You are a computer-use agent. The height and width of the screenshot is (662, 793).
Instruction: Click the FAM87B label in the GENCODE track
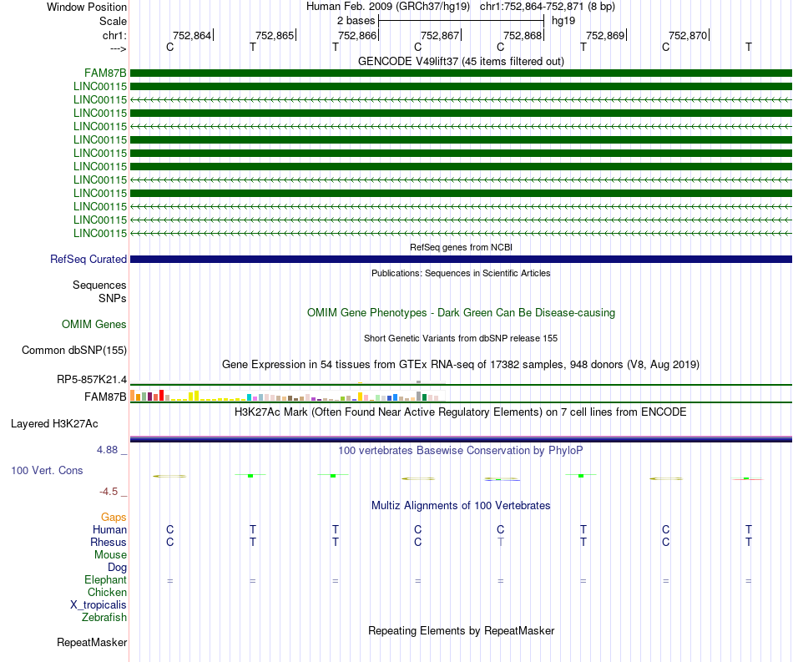pos(105,73)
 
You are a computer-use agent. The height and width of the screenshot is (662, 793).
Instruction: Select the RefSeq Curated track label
pos(88,260)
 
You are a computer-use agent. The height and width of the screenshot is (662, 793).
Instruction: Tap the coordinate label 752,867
pos(440,35)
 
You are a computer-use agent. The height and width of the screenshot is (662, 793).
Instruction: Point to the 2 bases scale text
pos(356,20)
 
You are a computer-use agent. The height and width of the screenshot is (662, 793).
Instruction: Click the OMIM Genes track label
pos(94,325)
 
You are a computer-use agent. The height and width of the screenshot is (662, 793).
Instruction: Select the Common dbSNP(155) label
pos(74,351)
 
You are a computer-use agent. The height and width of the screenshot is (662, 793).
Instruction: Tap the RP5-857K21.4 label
pos(92,380)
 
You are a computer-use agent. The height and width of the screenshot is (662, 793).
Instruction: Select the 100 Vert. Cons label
pos(47,471)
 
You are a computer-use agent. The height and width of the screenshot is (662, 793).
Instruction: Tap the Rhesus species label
pos(109,543)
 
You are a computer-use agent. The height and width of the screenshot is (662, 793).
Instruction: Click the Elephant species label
pos(105,580)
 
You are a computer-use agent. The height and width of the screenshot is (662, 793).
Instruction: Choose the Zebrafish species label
pos(104,618)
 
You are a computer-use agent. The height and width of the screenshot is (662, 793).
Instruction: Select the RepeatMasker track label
pos(92,643)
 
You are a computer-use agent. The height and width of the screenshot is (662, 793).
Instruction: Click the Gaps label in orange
pos(114,518)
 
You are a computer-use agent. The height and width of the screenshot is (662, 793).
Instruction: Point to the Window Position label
pos(87,7)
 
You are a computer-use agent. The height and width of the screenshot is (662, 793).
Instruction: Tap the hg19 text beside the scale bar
pos(563,20)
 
